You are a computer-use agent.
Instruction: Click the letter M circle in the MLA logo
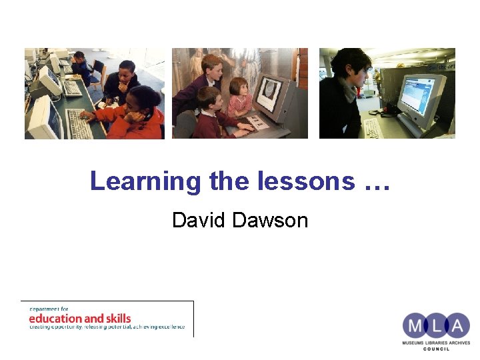click(x=415, y=326)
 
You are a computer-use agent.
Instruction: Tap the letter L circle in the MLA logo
click(x=436, y=326)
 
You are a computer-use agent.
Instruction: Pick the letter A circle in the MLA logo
click(x=457, y=326)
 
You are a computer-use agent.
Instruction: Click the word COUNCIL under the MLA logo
click(x=436, y=349)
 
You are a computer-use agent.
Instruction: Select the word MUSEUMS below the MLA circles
click(x=415, y=342)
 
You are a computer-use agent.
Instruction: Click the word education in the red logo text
click(x=55, y=318)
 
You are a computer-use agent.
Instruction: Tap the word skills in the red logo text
click(x=117, y=318)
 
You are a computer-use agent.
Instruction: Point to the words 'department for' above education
click(x=49, y=309)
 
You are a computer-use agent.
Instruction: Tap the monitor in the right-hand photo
click(x=421, y=97)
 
